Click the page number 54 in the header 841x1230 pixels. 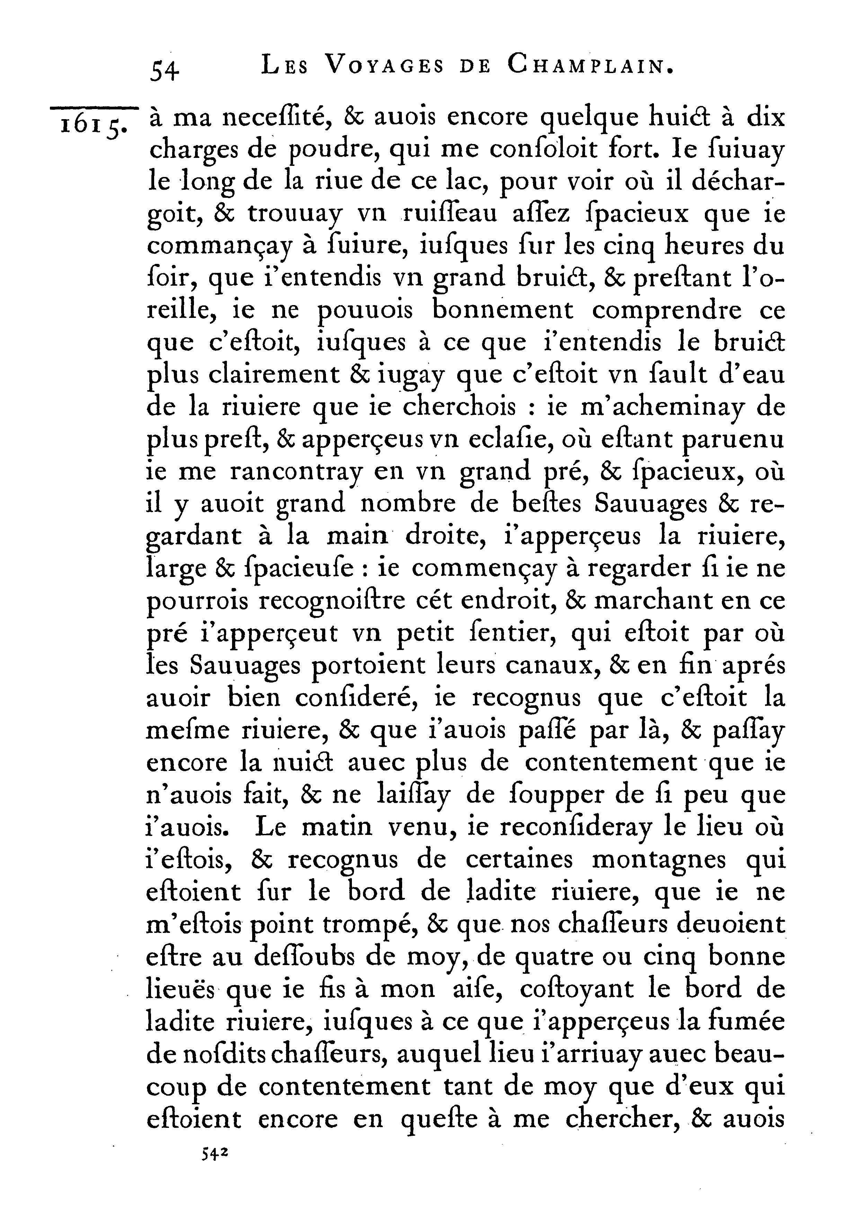coord(165,69)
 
